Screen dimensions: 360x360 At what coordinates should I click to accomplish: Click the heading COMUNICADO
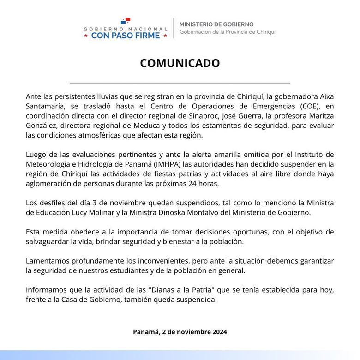[180, 63]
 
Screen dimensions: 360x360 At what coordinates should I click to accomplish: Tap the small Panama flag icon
[126, 21]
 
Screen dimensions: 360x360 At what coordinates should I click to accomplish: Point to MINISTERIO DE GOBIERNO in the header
[216, 24]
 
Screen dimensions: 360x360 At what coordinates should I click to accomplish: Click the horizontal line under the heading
[180, 84]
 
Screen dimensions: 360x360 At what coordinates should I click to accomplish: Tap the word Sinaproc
[210, 116]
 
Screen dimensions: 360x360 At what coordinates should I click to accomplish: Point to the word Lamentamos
[49, 262]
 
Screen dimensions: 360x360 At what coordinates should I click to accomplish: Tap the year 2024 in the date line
[218, 332]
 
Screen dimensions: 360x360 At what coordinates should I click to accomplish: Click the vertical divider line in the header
[173, 28]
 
